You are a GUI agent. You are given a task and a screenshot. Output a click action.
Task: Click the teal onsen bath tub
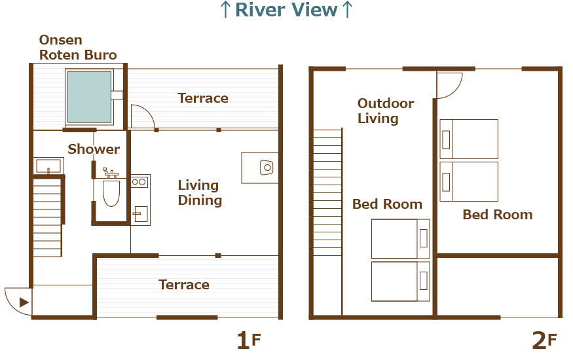coord(89,97)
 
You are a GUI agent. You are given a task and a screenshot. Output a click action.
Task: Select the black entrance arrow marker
coord(24,302)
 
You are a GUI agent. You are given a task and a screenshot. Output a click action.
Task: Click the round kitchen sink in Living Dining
coord(267,168)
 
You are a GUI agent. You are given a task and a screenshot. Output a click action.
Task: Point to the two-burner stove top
coord(139,182)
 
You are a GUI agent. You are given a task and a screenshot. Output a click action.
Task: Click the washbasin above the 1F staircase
coord(48,166)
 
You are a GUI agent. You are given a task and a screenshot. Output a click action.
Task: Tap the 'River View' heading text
coord(286,10)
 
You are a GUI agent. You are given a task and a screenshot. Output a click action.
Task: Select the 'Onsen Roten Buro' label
coord(78,48)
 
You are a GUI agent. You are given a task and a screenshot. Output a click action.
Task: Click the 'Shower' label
coord(94,149)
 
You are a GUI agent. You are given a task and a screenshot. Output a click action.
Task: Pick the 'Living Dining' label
coord(200,193)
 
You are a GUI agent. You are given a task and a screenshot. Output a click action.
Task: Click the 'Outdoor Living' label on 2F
coord(386,111)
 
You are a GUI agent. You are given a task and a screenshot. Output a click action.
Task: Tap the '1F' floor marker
coord(248,340)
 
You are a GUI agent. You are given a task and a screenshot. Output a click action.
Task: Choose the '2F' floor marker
coord(544,340)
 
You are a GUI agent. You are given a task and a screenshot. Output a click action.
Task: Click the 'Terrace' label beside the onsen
coord(203,98)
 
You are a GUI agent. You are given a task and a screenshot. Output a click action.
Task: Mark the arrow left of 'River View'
coord(225,10)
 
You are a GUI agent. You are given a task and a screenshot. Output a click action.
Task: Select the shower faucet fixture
coord(111,173)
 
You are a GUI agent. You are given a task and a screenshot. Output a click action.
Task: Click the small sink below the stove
coord(139,214)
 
